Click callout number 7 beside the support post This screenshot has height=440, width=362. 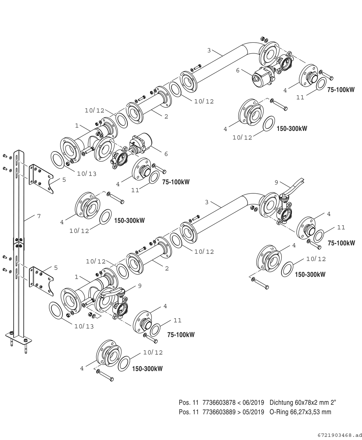click(x=39, y=216)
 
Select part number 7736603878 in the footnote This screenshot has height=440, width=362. click(x=219, y=402)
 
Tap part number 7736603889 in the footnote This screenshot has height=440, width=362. click(x=219, y=412)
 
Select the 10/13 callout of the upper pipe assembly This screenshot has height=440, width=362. click(x=86, y=174)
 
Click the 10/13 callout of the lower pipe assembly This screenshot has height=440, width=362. click(x=84, y=326)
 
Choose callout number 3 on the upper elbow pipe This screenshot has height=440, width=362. click(x=209, y=50)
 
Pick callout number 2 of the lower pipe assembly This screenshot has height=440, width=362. click(x=167, y=268)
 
